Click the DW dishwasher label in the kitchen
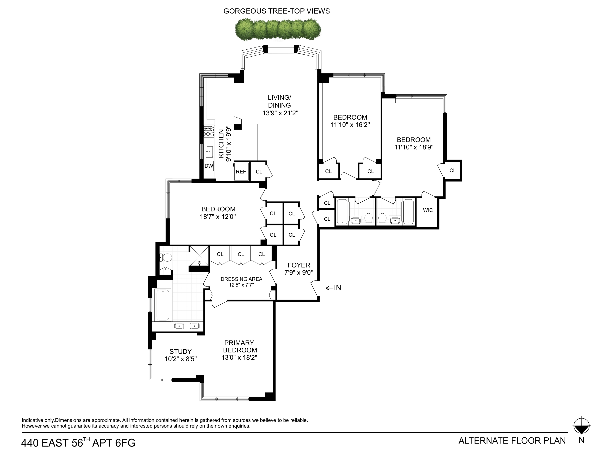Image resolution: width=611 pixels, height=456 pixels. (209, 166)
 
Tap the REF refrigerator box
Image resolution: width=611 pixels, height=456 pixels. (241, 172)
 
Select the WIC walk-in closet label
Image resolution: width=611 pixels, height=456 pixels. (428, 210)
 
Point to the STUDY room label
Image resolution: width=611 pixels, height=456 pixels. (180, 351)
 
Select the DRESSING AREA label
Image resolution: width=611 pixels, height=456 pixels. (241, 279)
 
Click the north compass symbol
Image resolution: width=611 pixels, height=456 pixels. (581, 426)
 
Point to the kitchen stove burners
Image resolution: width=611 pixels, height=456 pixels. (209, 131)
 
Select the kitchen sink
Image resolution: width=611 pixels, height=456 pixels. (209, 152)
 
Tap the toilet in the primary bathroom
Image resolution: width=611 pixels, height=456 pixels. (166, 258)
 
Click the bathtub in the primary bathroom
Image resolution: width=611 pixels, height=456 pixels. (163, 305)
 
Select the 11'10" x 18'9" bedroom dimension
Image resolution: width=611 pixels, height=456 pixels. (414, 147)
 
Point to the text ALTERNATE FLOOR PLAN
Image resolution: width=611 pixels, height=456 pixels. (512, 441)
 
